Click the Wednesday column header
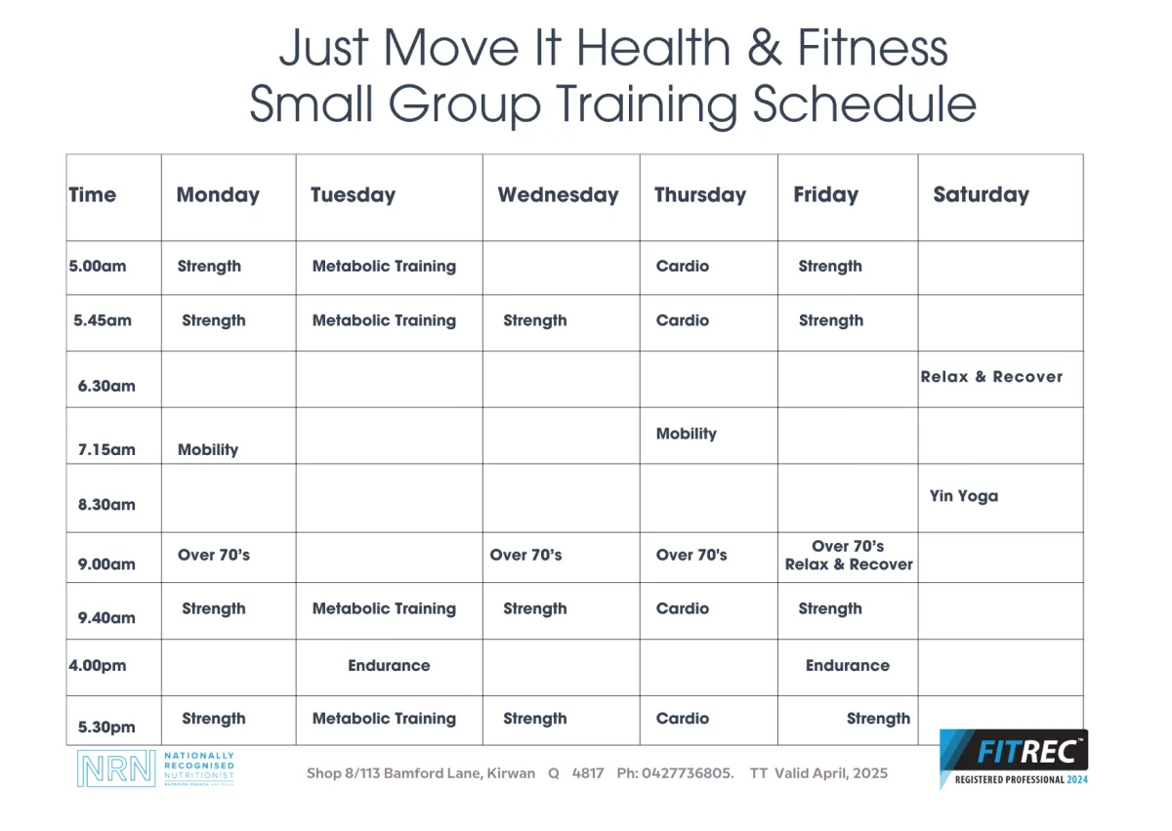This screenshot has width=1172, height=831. click(558, 195)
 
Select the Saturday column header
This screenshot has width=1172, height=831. click(981, 195)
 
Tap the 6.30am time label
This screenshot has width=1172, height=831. click(106, 386)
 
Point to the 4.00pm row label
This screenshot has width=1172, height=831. click(98, 665)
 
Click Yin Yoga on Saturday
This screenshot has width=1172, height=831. click(964, 496)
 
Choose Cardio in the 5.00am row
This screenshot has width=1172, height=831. click(683, 267)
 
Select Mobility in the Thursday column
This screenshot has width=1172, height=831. click(687, 435)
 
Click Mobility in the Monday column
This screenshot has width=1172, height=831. click(208, 450)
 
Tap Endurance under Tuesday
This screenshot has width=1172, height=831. click(390, 665)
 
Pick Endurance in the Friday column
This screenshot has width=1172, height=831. click(848, 665)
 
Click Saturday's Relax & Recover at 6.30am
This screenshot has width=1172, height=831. click(991, 377)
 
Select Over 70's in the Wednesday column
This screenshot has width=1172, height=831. click(525, 555)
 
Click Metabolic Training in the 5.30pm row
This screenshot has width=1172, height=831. click(384, 719)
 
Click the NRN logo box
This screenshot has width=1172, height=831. click(116, 769)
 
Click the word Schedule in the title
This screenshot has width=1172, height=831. click(864, 104)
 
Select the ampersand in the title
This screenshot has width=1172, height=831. click(765, 48)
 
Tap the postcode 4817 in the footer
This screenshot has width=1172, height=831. click(588, 773)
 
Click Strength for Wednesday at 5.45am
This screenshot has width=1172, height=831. click(535, 320)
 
